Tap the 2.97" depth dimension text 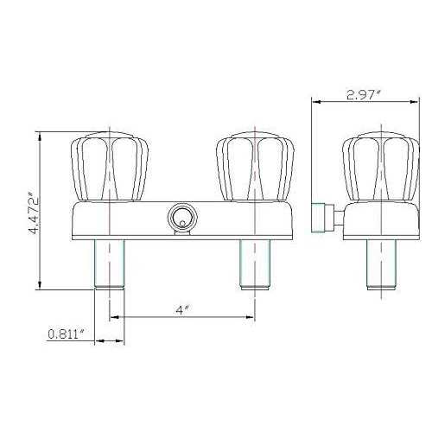[365, 96]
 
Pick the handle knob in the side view [380, 165]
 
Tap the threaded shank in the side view [381, 263]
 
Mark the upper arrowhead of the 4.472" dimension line [41, 138]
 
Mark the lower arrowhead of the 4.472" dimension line [41, 287]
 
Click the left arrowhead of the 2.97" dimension [315, 102]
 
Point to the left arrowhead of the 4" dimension [111, 315]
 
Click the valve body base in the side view [380, 219]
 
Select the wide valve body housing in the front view [138, 219]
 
